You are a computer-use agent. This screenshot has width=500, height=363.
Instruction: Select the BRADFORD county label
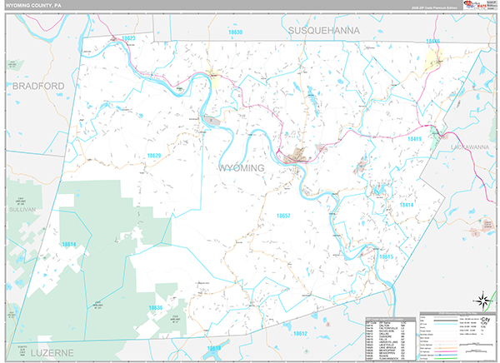coord(37,85)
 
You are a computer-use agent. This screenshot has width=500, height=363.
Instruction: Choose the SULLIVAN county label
coord(20,210)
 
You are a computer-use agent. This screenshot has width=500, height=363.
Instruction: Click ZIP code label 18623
coord(127,39)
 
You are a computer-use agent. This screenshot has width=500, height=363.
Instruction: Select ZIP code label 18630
coord(235,32)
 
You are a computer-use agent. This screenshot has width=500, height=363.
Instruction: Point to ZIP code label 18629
coord(153,156)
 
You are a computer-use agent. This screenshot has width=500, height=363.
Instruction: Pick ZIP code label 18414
coord(406,204)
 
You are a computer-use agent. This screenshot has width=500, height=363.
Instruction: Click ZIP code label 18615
coord(386,257)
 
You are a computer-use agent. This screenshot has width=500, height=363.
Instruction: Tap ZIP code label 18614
coord(70,244)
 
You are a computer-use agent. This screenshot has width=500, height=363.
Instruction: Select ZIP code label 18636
coord(155,307)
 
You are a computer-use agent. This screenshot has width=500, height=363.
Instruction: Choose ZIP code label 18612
coord(301,333)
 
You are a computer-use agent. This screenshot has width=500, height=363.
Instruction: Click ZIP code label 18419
coord(416,139)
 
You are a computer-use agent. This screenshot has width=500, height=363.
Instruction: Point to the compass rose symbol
coord(481,297)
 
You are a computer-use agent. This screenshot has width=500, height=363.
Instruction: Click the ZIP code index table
coord(389,338)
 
